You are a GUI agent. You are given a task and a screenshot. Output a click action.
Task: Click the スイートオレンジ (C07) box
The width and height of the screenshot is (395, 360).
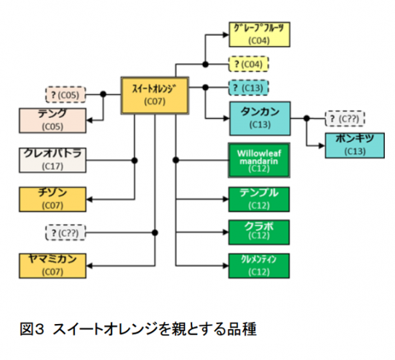click(155, 94)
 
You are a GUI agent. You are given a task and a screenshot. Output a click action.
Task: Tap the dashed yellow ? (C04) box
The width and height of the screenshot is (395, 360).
click(249, 64)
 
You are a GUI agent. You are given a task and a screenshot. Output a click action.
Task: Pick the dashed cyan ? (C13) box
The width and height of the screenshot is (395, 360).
click(249, 88)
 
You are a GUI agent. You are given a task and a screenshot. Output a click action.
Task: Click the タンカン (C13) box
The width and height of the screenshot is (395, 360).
click(259, 117)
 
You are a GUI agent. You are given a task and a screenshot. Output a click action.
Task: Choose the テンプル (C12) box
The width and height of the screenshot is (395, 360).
click(258, 198)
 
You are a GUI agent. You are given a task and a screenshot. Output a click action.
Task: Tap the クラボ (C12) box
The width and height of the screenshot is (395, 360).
click(258, 231)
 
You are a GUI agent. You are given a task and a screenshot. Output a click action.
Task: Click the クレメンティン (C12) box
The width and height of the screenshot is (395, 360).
click(258, 264)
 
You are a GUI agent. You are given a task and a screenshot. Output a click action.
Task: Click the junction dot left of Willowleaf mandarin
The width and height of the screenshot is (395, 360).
click(175, 159)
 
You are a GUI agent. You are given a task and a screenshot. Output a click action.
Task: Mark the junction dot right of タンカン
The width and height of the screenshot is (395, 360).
click(305, 118)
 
